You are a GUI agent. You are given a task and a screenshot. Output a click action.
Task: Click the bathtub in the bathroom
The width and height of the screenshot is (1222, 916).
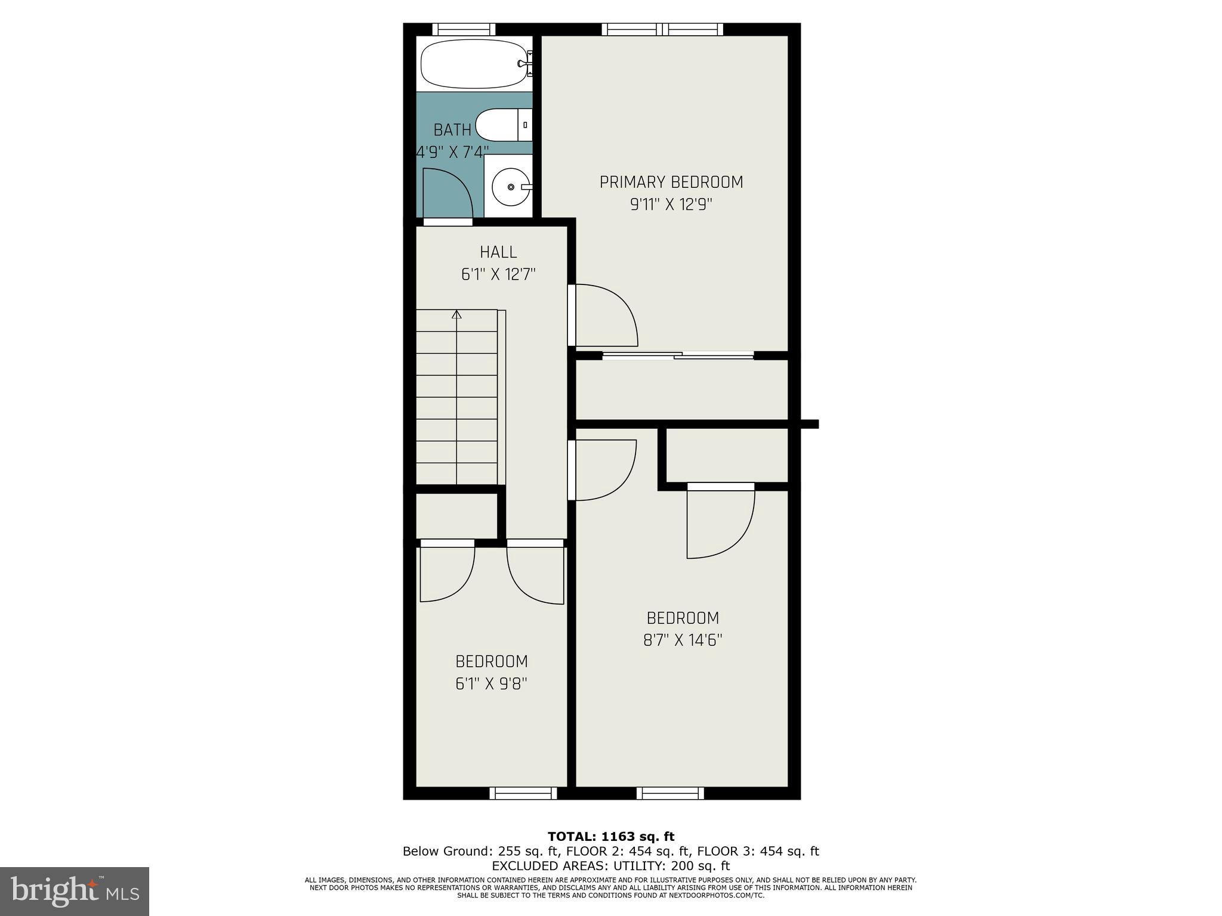(471, 64)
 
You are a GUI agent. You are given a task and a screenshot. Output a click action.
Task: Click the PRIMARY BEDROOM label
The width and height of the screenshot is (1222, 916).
(671, 182)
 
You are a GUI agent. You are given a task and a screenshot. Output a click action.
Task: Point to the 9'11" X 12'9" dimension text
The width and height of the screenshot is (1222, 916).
(671, 205)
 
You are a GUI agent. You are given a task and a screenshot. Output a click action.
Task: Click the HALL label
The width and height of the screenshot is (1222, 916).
(498, 252)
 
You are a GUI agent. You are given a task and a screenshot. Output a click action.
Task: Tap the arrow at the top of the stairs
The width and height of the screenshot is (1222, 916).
(457, 314)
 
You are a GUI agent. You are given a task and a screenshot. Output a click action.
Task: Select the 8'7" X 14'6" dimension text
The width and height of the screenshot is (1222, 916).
(683, 640)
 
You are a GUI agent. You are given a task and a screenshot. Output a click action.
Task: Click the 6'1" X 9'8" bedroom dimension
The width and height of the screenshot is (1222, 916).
(491, 683)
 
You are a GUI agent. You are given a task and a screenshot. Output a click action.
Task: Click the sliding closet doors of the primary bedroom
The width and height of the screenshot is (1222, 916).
(678, 356)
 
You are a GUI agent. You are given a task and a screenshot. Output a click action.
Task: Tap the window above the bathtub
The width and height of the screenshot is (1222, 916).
(464, 29)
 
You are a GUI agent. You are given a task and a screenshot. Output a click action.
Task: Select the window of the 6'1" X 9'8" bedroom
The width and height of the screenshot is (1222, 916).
(523, 793)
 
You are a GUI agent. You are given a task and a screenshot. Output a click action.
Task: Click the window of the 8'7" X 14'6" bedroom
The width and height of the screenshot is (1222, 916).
(670, 793)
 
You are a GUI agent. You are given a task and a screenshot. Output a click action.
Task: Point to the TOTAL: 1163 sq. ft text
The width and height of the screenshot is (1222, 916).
(611, 837)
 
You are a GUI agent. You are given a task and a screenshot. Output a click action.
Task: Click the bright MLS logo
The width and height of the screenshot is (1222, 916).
(75, 892)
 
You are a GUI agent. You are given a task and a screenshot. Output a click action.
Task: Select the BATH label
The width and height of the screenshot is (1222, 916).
(452, 129)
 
